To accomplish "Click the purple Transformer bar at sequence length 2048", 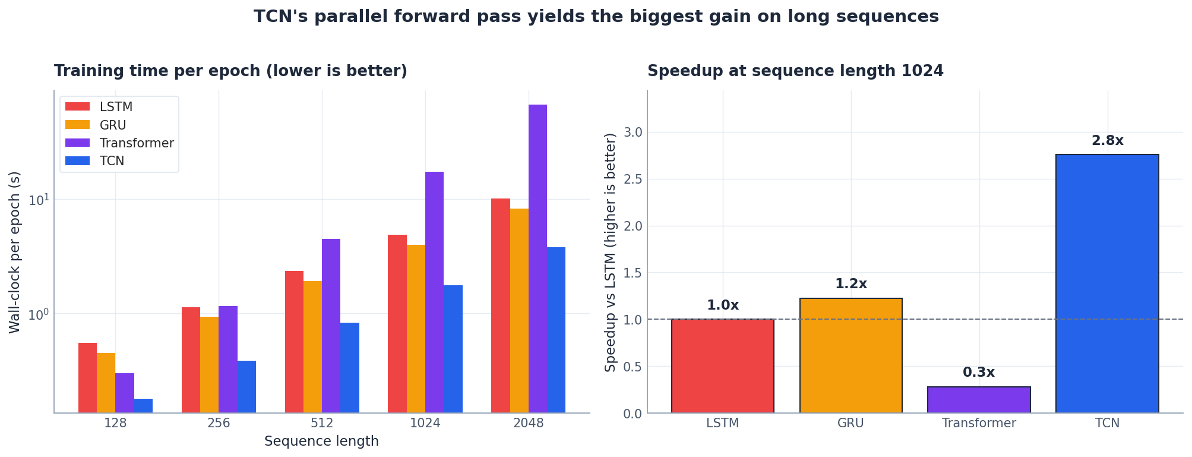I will (x=537, y=259).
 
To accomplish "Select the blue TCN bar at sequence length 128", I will (x=143, y=406).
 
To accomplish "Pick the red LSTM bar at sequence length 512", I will (x=294, y=342).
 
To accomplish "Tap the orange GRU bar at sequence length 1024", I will (x=416, y=329).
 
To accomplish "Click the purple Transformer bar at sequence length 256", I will (x=228, y=359).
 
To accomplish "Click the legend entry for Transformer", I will (x=137, y=143).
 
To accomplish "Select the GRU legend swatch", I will (x=77, y=125).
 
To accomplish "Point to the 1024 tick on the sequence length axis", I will (x=425, y=424).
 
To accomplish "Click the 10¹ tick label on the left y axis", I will (x=38, y=199).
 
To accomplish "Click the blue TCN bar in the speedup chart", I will (x=1107, y=283).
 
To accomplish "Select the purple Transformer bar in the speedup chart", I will (x=979, y=399).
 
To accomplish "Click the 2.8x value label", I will (x=1107, y=141).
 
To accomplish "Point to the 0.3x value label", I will (x=978, y=373).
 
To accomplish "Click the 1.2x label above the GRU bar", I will (x=850, y=284).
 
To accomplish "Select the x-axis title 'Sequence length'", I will (x=321, y=442).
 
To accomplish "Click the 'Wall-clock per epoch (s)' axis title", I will (x=15, y=252).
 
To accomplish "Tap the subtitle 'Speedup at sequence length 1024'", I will (x=795, y=71).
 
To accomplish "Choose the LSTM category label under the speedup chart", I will (x=722, y=424).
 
